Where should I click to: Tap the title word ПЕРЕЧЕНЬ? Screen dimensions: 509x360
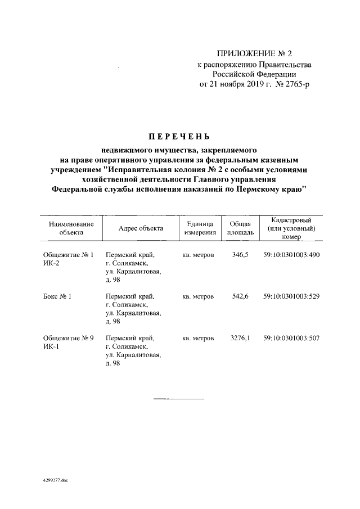[179, 137]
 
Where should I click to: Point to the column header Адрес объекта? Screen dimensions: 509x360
[141, 228]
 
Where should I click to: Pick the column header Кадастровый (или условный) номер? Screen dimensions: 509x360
[292, 228]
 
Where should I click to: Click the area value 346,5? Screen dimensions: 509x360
[240, 255]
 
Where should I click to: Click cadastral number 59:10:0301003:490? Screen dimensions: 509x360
[292, 255]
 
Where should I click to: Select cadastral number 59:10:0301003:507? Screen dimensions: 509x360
[292, 338]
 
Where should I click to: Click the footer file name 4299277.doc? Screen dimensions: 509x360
[55, 481]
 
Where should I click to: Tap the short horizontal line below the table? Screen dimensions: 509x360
[179, 399]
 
